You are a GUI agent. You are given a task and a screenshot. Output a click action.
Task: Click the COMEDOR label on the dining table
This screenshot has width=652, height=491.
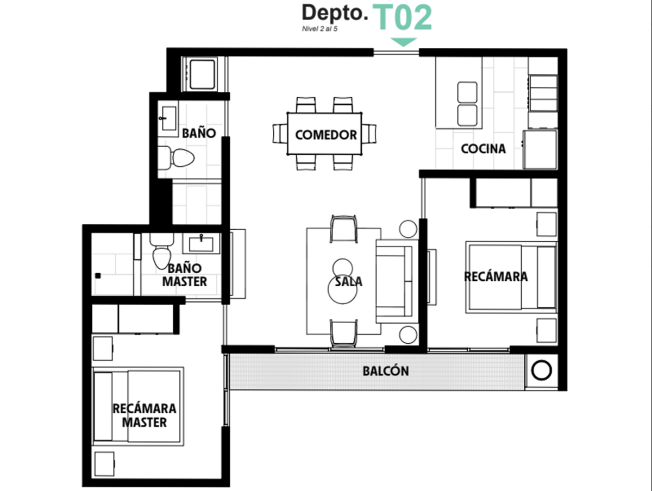coord(326,135)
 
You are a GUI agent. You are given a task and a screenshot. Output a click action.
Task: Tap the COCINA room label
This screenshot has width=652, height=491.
coord(483,149)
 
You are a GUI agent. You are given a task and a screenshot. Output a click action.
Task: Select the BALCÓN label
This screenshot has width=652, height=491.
coord(386,371)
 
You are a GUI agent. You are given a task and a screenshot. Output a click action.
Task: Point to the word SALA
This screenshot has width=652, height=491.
coord(349,281)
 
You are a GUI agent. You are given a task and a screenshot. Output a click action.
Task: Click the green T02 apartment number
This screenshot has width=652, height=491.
coord(402,17)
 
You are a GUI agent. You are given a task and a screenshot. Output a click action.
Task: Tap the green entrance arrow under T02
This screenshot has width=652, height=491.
coord(403,42)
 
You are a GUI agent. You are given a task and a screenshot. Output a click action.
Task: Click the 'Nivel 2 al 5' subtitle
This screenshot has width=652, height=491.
coord(319,29)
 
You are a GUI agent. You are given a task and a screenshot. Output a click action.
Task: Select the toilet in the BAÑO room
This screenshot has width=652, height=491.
coord(176,158)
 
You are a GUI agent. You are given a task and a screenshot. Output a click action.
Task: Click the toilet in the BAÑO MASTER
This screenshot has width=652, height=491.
coord(161,251)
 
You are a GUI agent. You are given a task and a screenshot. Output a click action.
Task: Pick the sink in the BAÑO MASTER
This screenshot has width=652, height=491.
coord(201,243)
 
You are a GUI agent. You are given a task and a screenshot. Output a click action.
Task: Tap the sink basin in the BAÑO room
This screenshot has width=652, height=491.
coord(168,118)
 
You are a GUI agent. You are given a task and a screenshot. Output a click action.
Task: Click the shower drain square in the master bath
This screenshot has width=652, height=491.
coord(98,276)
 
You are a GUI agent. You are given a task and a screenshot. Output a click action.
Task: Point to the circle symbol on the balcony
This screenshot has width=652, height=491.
coord(541,370)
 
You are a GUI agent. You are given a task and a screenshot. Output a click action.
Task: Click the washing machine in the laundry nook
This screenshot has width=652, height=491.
coord(202,74)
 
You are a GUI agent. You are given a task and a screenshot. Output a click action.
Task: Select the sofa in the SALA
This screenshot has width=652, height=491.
coord(394,281)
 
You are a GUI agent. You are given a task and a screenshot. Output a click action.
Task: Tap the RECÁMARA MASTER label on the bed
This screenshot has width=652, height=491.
coord(145,416)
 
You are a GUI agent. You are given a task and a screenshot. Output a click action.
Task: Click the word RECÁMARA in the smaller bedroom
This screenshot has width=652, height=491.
coord(496,276)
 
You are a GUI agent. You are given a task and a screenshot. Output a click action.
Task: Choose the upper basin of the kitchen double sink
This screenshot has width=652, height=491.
coord(467,92)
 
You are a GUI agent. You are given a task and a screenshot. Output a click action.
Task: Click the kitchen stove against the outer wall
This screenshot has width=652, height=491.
coord(542,93)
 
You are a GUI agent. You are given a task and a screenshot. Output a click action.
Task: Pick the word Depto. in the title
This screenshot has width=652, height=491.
coord(335,14)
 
